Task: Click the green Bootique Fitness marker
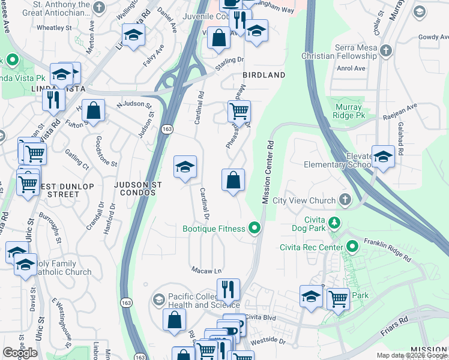[255, 228]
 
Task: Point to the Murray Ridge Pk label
[349, 111]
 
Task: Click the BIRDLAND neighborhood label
[264, 75]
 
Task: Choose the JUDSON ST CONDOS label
[135, 190]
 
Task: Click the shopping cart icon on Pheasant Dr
[239, 111]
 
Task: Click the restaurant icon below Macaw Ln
[228, 290]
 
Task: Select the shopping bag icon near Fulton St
[94, 110]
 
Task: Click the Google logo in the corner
[20, 353]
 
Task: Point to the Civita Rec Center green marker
[352, 247]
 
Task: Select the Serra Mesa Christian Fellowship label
[352, 52]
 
